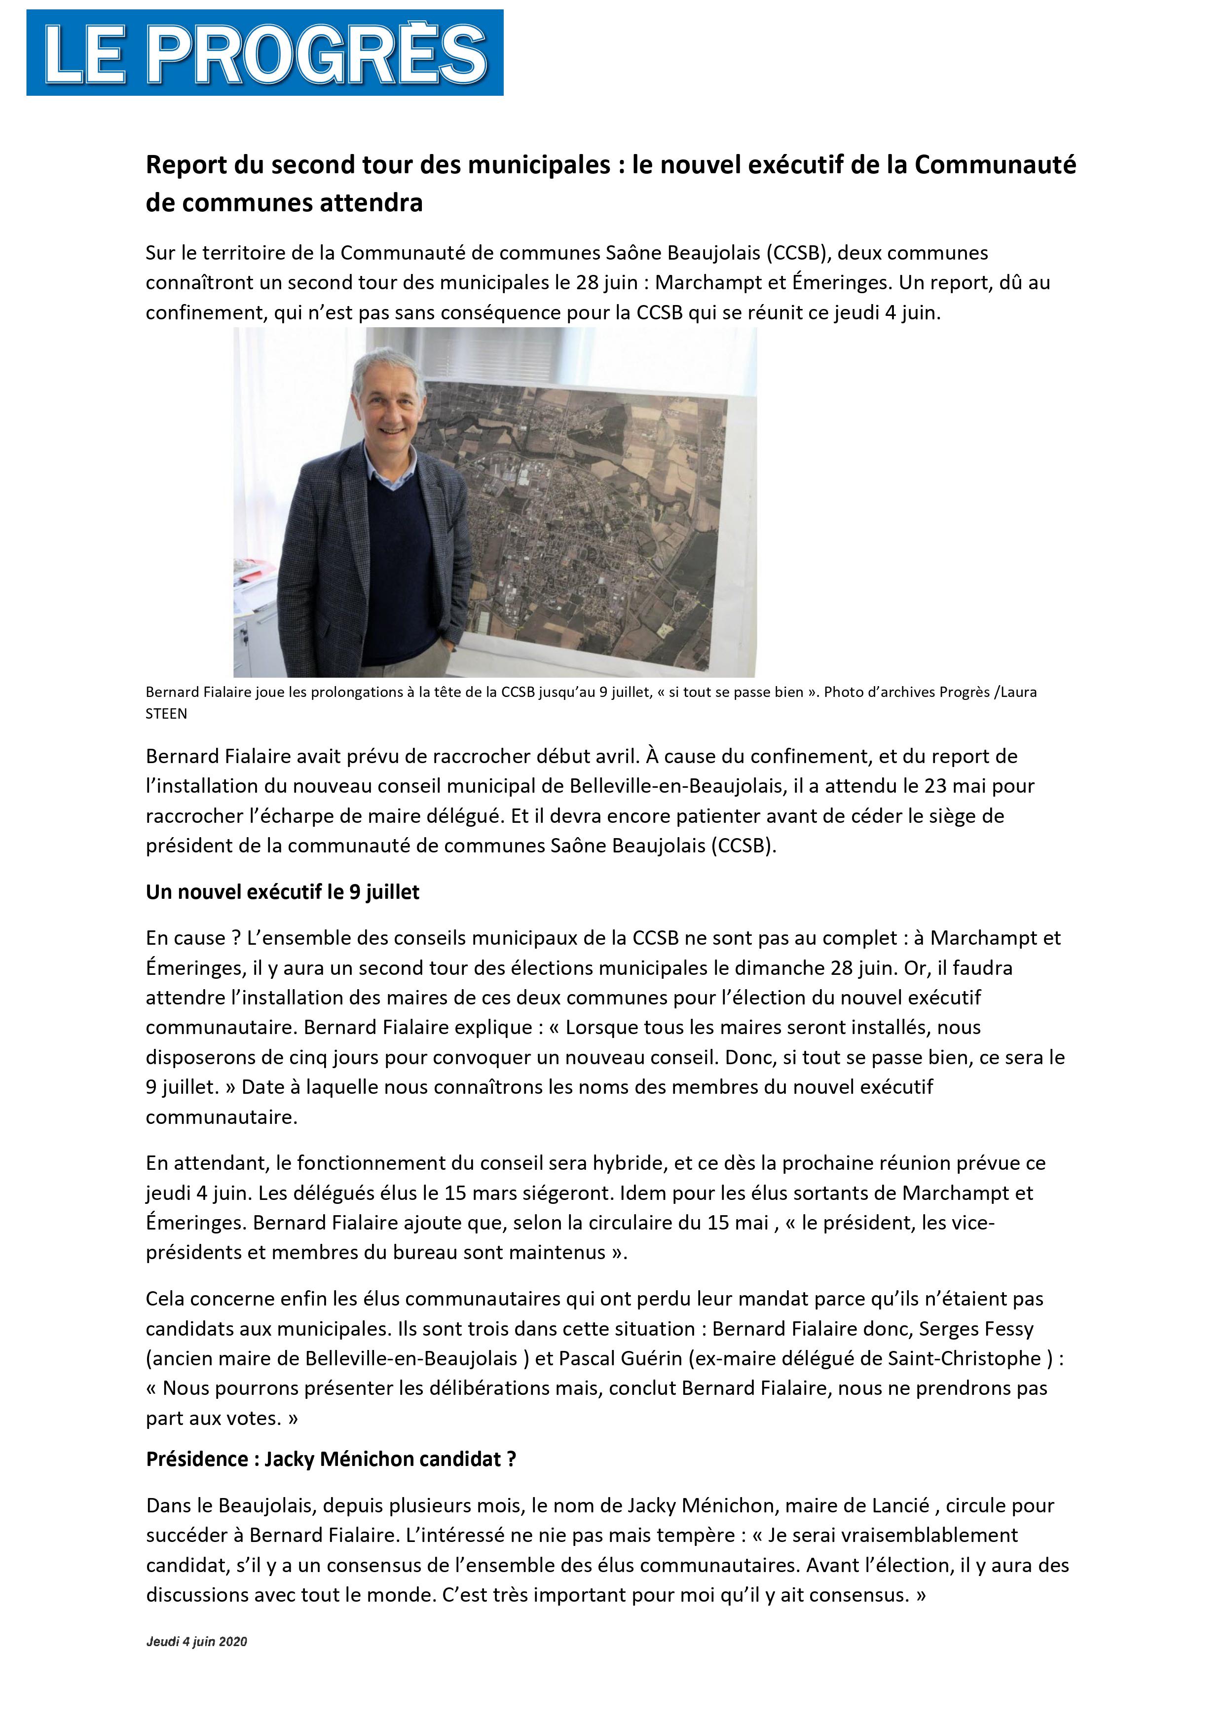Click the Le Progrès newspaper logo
coord(265,53)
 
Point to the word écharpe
coord(286,816)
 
